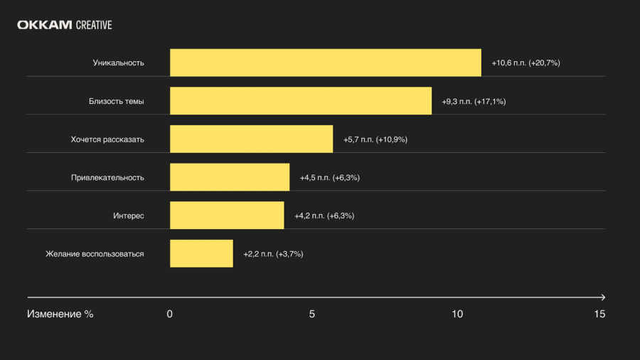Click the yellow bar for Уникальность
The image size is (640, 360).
pos(326,63)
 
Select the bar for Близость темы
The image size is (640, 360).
pos(301,101)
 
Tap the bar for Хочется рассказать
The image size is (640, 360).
pos(252,139)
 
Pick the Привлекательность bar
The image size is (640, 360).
pos(230,177)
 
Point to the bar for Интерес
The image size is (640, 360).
pos(227,215)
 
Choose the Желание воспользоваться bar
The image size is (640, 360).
pos(202,253)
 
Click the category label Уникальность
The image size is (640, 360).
pos(118,63)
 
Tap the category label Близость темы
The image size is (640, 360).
pos(117,101)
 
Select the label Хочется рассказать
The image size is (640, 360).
pos(107,139)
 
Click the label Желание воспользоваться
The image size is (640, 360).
pos(95,254)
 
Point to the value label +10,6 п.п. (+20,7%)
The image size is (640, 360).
pos(526,63)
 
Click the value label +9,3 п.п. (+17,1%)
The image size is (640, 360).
pos(474,101)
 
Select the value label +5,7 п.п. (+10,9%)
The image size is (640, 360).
pos(375,139)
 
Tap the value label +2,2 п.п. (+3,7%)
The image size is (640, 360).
pos(273,254)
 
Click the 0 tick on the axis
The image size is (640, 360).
pos(170,314)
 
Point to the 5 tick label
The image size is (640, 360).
pos(312,314)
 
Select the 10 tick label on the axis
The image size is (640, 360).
pos(457,314)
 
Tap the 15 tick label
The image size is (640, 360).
pos(599,314)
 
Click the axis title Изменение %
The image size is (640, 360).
pos(60,314)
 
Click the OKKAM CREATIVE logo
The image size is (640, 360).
pos(65,25)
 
